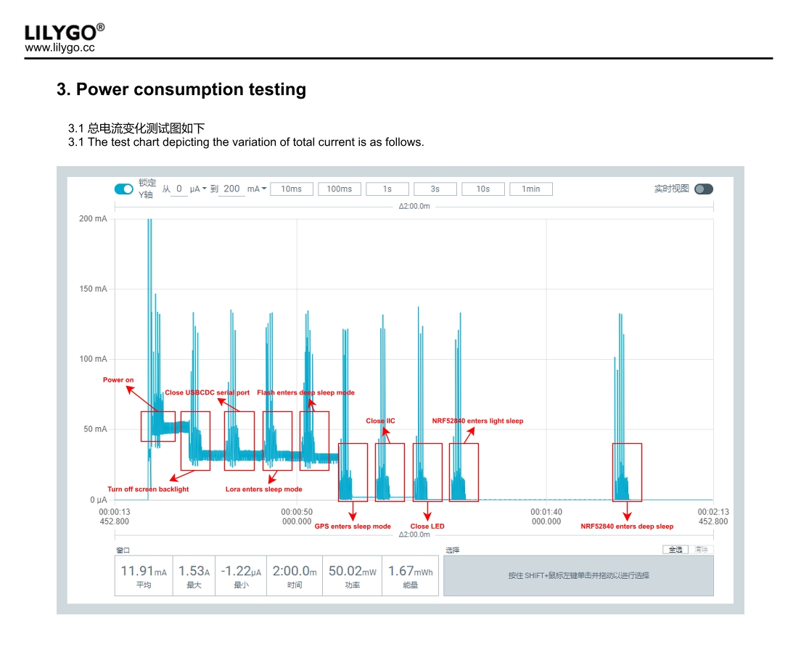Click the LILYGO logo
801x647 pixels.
64,32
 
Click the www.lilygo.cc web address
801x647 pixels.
59,48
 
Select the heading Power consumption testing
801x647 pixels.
181,89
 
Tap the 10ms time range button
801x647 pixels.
291,189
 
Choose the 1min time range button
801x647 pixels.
530,189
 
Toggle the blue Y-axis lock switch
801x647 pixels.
124,189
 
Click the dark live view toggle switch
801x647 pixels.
703,189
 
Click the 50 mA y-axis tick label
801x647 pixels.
94,429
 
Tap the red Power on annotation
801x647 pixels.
118,380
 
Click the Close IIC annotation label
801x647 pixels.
380,421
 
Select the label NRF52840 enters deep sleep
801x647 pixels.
627,526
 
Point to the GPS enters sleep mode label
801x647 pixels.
353,526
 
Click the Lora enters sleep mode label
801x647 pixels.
263,490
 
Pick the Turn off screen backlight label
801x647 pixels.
148,490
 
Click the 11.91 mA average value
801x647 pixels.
143,572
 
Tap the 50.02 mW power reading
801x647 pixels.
352,572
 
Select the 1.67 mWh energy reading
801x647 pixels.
410,572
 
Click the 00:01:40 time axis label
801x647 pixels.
546,512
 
